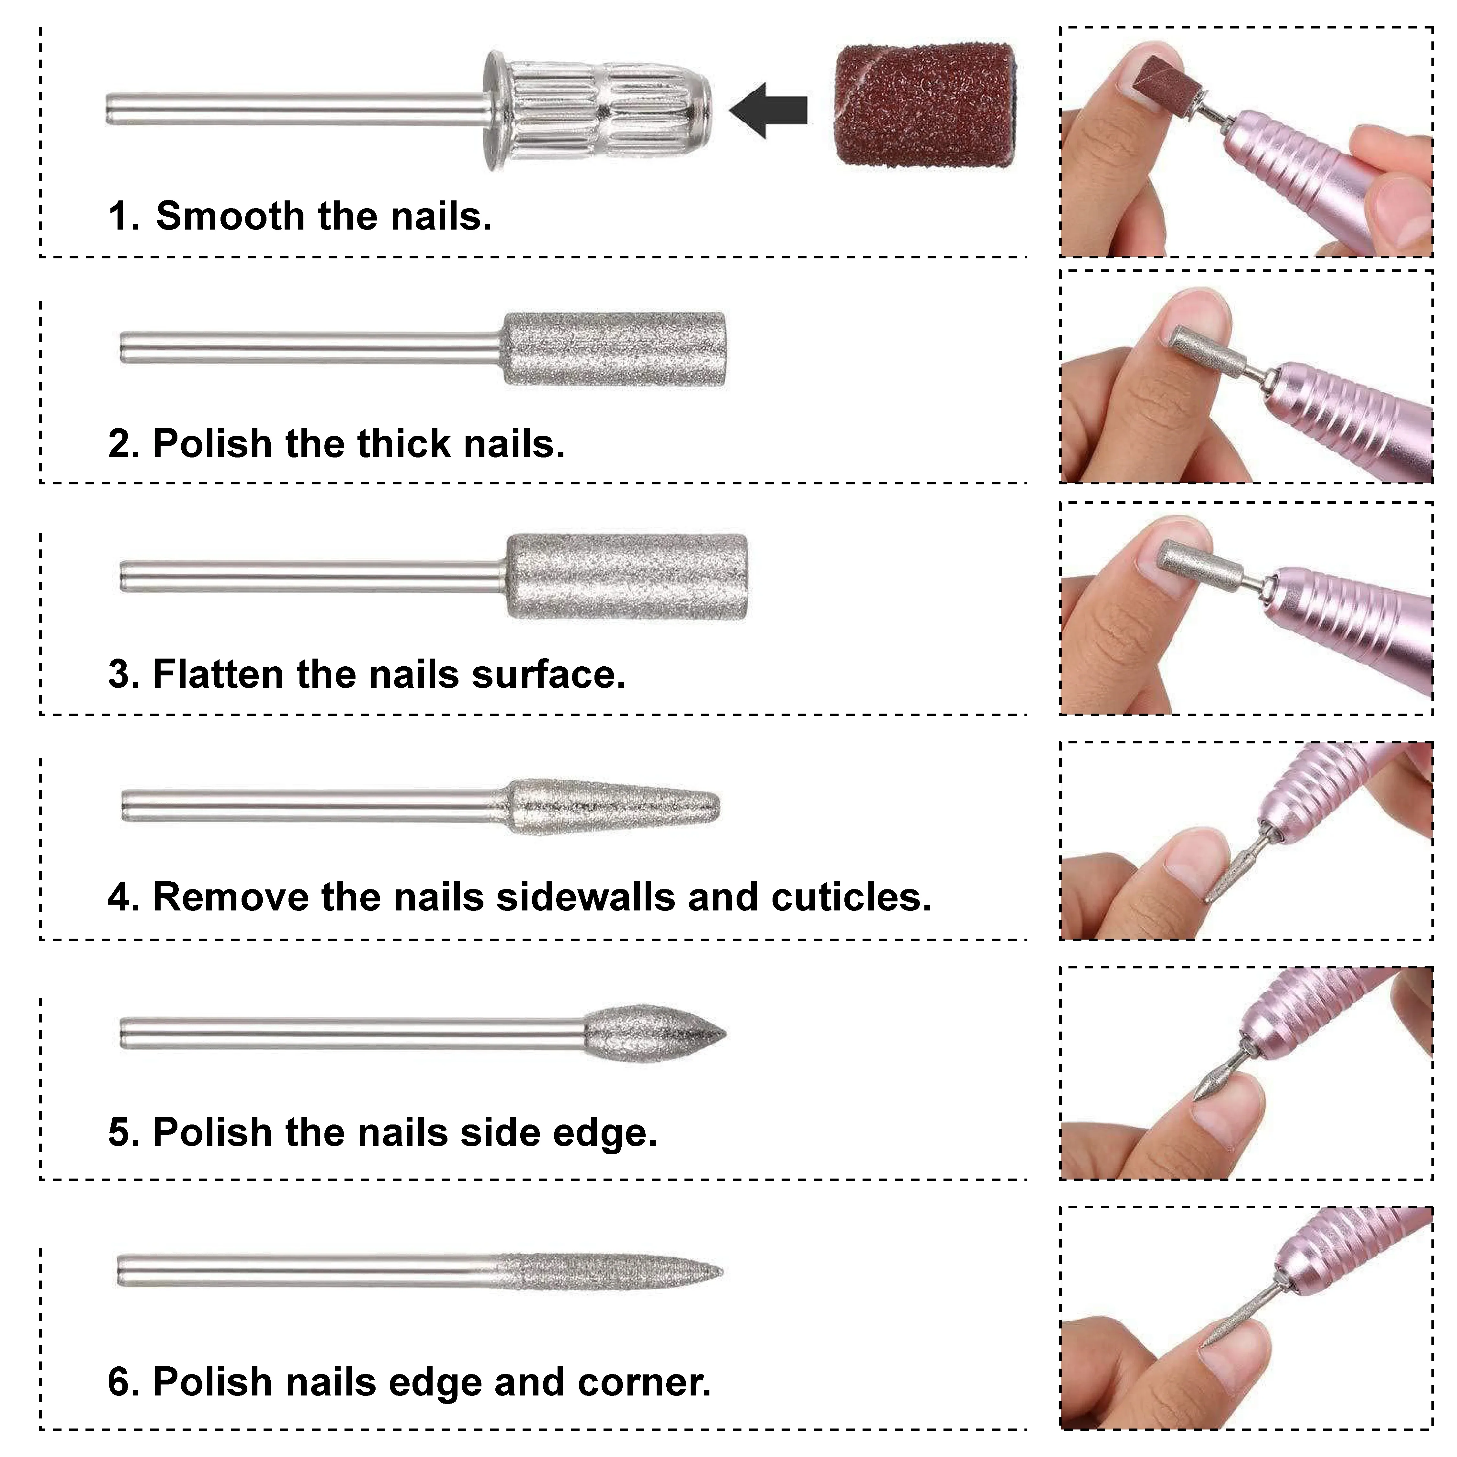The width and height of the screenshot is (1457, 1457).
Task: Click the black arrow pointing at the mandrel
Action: (768, 110)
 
